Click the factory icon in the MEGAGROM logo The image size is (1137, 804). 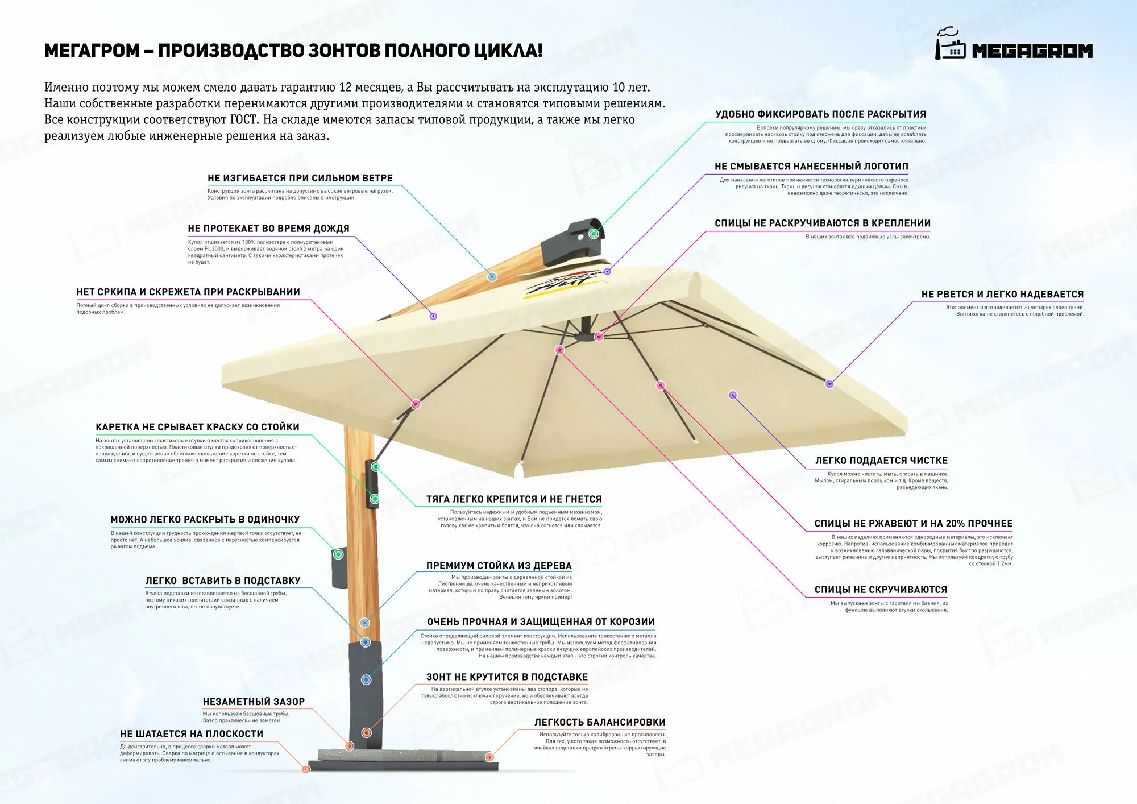tap(950, 45)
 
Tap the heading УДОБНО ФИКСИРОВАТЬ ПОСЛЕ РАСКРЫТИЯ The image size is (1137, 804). tap(820, 114)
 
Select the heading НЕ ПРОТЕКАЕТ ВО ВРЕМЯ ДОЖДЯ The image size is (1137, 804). tap(268, 229)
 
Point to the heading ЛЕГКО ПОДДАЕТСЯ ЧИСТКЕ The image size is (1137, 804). tap(881, 461)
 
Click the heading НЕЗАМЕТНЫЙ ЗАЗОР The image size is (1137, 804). tap(254, 702)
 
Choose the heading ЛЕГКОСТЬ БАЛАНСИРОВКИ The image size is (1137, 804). tap(600, 722)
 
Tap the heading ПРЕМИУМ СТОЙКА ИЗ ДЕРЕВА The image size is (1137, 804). tap(499, 566)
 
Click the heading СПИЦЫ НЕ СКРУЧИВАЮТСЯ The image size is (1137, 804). tap(881, 590)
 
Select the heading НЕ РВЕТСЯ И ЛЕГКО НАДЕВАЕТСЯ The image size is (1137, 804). tap(1002, 294)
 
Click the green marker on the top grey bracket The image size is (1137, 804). tap(594, 234)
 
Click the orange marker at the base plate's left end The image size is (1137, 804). tap(306, 769)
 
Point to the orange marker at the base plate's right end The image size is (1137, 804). tap(489, 757)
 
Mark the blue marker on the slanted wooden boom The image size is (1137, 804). tap(492, 277)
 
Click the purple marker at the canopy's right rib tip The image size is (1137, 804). tap(829, 384)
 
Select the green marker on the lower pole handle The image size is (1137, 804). tap(338, 554)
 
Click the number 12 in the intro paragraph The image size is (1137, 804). tap(345, 88)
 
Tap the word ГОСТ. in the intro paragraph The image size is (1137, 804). tap(244, 120)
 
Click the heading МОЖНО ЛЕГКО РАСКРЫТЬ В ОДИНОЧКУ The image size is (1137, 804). tap(205, 520)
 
